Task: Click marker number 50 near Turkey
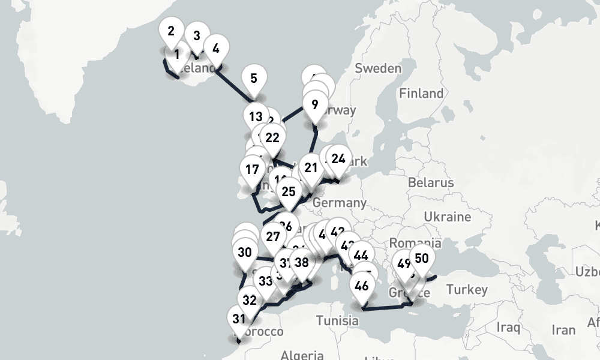click(421, 259)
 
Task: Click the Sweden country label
click(378, 68)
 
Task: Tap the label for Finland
click(421, 94)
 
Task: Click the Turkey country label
click(467, 290)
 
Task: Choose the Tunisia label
click(338, 320)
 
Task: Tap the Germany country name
click(339, 203)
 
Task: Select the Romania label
click(415, 243)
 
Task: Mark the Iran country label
click(563, 330)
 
